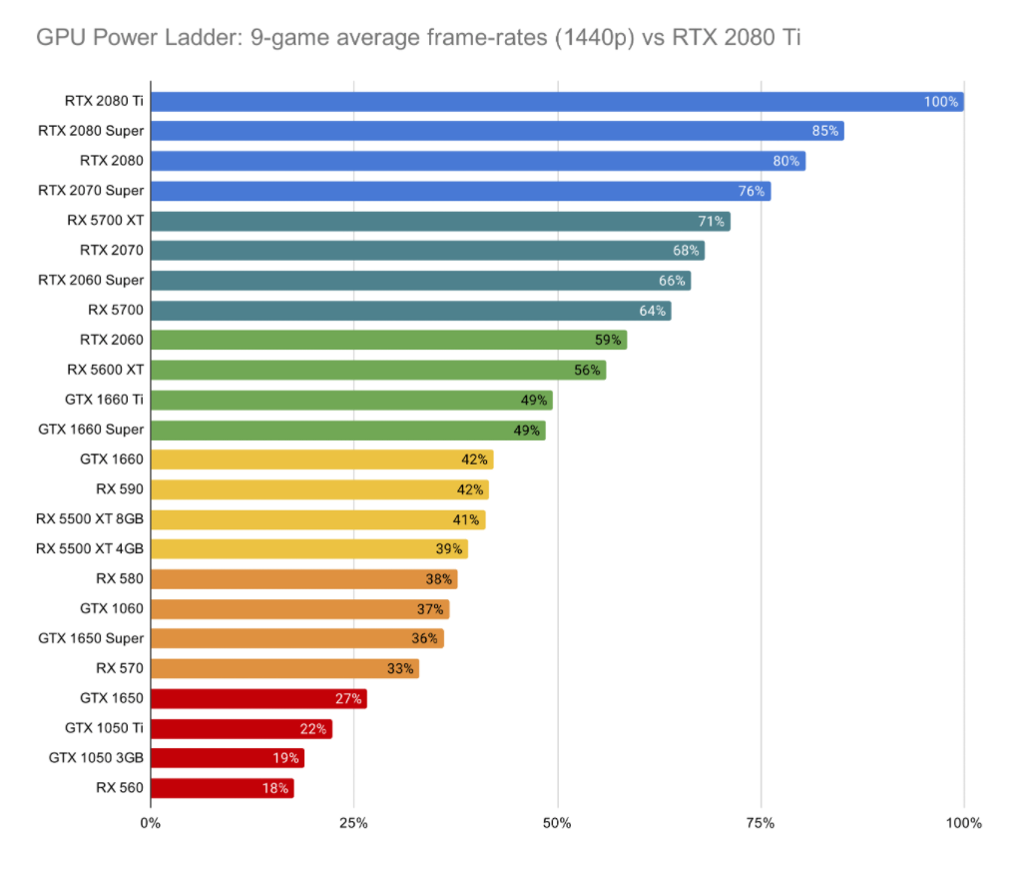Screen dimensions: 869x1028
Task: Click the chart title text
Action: (419, 39)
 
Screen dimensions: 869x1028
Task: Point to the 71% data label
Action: (712, 221)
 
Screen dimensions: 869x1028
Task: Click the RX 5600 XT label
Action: (106, 370)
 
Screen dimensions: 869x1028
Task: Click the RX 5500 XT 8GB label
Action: (90, 519)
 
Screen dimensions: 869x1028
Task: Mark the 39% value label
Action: (449, 549)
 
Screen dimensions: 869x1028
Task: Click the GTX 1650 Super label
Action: (91, 638)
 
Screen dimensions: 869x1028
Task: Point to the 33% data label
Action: (400, 668)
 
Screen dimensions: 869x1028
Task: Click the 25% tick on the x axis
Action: (353, 823)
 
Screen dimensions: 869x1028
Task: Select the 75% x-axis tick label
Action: (761, 823)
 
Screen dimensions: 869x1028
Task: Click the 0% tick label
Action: (150, 823)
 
